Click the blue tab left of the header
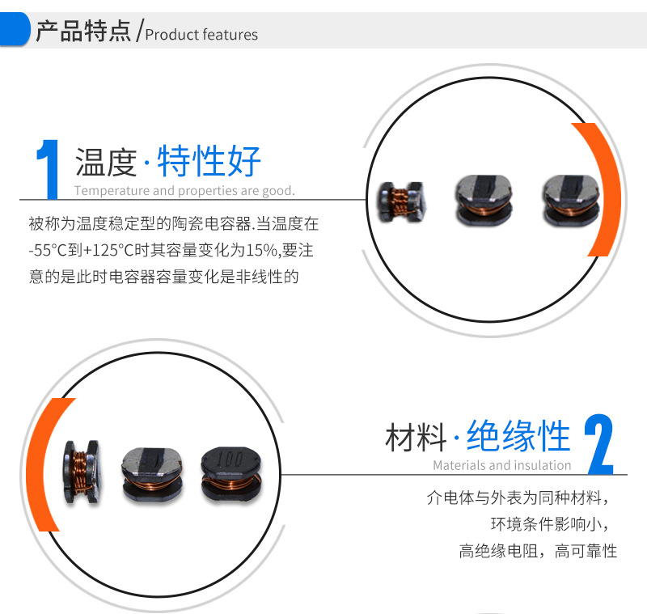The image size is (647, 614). pos(14,29)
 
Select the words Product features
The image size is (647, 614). pos(201,35)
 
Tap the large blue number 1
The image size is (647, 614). pos(48,170)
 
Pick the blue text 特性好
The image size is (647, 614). pos(209,160)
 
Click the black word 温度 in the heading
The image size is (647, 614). pos(106,162)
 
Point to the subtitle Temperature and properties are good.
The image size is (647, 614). pos(184,191)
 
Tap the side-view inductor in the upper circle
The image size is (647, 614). pos(402,202)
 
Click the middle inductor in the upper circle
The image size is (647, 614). pos(484,201)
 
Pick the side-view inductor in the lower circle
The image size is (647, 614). pos(82,472)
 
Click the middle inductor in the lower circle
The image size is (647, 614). pos(153,474)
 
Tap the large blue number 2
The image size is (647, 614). pos(599,444)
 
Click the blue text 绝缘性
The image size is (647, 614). pos(518,436)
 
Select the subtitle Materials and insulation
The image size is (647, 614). pos(502,465)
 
